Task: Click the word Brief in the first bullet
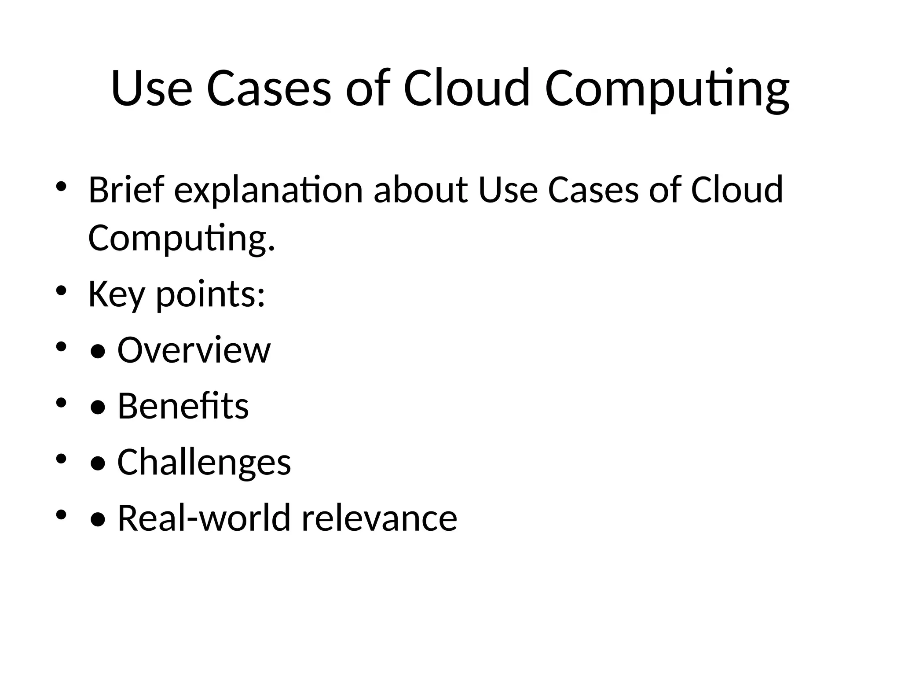[x=126, y=190]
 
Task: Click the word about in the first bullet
[x=421, y=190]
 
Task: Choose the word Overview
[x=194, y=350]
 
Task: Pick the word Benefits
[x=183, y=406]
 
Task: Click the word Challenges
[x=204, y=462]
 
